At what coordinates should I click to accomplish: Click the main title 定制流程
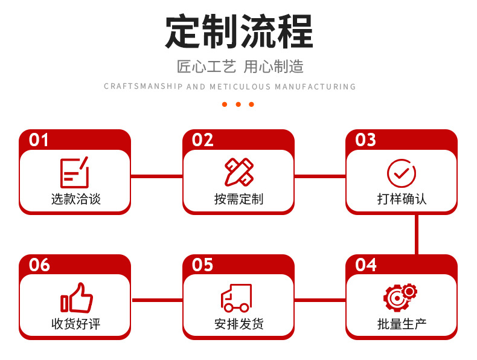tap(238, 31)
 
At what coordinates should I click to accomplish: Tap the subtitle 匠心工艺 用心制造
tap(240, 66)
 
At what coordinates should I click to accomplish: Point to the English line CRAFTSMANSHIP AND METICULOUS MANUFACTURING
tap(230, 87)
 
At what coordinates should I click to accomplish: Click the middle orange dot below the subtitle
tap(238, 104)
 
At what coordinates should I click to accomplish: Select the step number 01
tap(39, 140)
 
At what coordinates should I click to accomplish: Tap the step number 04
tap(366, 265)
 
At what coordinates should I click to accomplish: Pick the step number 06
tap(39, 265)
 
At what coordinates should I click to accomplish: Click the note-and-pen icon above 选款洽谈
tap(74, 172)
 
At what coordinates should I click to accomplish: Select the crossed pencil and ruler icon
tap(238, 172)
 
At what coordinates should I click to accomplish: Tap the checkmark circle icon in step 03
tap(402, 173)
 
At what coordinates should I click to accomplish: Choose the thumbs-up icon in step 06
tap(76, 297)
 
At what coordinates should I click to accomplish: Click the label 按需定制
tap(238, 199)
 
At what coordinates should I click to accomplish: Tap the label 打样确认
tap(402, 199)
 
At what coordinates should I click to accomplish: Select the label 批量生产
tap(402, 324)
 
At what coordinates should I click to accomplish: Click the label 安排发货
tap(238, 324)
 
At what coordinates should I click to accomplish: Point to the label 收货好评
tap(75, 324)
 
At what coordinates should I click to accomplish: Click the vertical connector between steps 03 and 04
tap(416, 234)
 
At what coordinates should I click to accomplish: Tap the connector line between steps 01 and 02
tap(156, 176)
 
